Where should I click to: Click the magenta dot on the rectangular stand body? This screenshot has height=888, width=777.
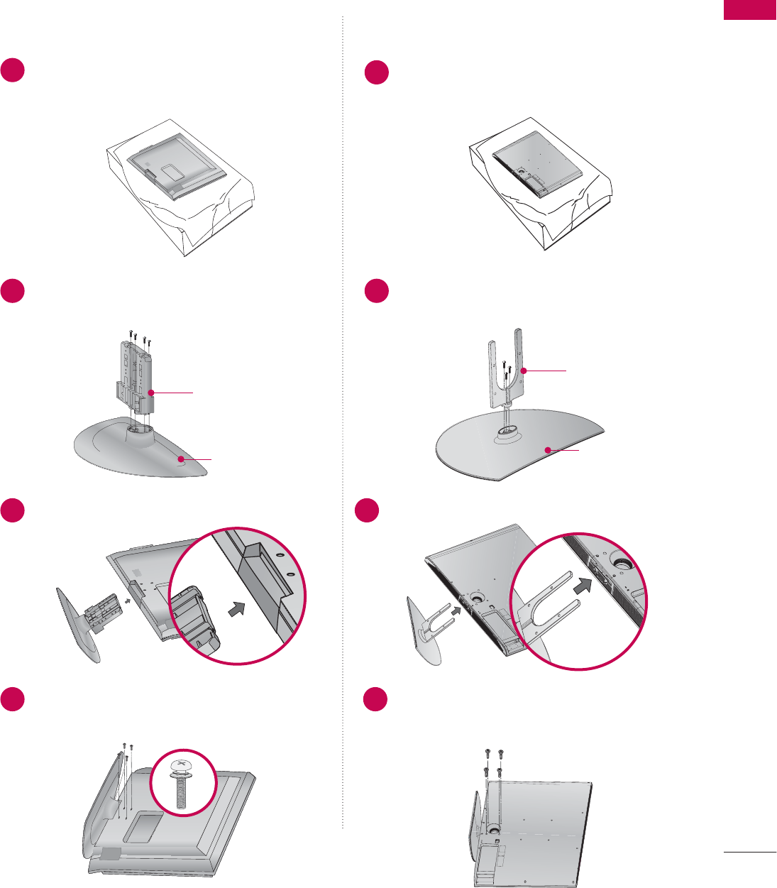click(151, 392)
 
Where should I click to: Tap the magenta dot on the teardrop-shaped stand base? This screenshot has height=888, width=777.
click(182, 459)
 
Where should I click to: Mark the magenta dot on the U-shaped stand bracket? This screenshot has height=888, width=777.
click(522, 371)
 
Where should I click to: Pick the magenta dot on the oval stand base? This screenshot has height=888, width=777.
click(547, 449)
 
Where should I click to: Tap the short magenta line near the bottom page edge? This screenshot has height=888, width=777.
click(750, 851)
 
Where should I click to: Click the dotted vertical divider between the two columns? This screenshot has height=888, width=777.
click(343, 426)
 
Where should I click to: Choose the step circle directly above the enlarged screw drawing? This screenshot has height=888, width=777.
click(13, 700)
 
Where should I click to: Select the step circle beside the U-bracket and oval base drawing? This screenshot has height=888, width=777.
click(377, 291)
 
